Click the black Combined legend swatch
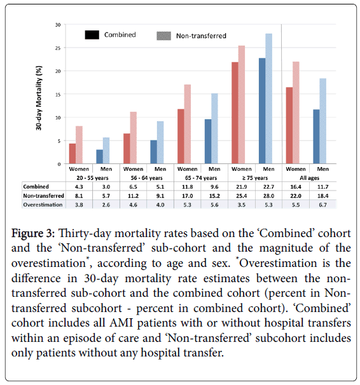92,35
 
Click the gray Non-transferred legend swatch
163,36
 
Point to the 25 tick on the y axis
58,48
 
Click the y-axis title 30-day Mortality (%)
39,98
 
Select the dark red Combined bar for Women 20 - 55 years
73,154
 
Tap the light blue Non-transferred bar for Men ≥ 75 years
268,98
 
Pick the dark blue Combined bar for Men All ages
316,137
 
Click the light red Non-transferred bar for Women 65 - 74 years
188,125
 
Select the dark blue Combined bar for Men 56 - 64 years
153,152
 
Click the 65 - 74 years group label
201,178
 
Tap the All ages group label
309,178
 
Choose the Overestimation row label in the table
43,205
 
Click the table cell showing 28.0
268,196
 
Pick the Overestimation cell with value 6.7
323,205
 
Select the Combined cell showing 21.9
242,187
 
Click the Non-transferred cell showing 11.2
133,196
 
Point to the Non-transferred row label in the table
43,196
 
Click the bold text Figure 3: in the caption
33,233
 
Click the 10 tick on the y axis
58,118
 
